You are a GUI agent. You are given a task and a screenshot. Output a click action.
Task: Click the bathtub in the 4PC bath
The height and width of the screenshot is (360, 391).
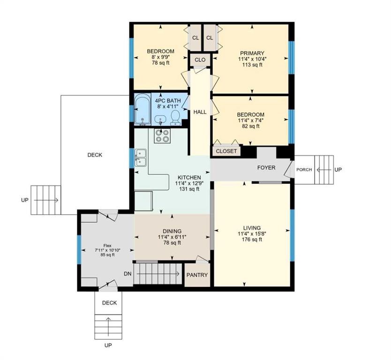(143, 109)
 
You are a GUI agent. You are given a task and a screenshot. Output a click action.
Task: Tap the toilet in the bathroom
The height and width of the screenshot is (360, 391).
(176, 118)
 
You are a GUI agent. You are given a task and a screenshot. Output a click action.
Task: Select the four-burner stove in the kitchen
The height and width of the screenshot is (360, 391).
(162, 136)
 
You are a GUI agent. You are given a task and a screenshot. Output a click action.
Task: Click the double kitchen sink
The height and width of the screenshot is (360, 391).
(141, 157)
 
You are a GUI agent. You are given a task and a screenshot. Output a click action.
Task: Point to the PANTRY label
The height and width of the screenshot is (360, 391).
(197, 275)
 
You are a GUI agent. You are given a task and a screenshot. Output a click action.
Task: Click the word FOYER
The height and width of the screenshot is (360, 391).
(266, 167)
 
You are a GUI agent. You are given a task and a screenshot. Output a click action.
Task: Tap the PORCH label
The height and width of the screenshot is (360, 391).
(304, 170)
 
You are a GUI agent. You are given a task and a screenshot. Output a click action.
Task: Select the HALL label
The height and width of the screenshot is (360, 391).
(200, 112)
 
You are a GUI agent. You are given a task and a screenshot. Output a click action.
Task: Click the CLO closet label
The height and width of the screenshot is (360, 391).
(200, 60)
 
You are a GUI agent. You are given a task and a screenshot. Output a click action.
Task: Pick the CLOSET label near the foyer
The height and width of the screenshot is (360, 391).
(226, 151)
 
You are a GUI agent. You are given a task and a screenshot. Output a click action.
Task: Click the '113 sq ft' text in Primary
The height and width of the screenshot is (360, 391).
(252, 65)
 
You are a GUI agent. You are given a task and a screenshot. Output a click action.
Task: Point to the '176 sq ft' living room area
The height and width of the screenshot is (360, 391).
(252, 240)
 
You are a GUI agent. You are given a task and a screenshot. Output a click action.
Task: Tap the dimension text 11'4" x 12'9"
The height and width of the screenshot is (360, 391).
(189, 183)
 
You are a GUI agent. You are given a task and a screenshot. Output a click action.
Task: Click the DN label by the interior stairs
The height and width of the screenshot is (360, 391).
(128, 274)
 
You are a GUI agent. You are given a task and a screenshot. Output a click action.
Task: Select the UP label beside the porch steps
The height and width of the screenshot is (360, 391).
(338, 170)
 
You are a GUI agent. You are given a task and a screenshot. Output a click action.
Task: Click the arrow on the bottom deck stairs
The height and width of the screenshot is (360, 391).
(108, 327)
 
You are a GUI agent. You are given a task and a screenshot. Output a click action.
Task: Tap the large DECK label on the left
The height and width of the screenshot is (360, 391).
(95, 155)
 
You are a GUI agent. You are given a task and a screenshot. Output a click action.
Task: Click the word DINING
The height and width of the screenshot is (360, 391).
(172, 231)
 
